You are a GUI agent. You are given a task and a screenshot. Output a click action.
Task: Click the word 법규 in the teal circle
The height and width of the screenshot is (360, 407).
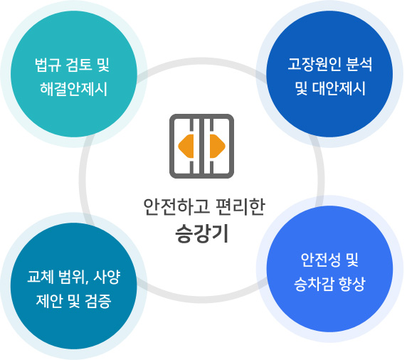click(48, 65)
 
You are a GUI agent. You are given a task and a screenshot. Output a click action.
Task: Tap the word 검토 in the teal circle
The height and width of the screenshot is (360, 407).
click(79, 65)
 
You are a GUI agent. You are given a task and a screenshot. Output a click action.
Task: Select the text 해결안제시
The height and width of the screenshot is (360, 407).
click(73, 89)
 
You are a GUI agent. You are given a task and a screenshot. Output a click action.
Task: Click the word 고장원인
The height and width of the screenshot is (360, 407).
click(314, 64)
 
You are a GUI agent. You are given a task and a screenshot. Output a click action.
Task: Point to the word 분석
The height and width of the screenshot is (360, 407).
click(359, 64)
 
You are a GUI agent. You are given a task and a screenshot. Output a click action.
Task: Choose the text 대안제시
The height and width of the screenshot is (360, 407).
click(339, 88)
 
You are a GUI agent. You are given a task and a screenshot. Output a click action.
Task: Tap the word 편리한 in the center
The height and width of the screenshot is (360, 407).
click(240, 207)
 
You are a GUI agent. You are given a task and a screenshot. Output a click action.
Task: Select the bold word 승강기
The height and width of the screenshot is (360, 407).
click(201, 233)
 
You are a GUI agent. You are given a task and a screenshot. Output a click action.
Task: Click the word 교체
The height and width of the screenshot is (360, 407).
click(41, 277)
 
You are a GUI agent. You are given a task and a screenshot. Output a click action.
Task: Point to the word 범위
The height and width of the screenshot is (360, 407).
click(72, 277)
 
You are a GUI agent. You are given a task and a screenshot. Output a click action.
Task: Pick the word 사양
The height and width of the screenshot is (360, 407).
click(107, 277)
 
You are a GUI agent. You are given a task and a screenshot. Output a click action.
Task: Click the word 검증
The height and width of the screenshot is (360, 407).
click(98, 301)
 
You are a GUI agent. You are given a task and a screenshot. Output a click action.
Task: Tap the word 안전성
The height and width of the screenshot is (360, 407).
click(320, 260)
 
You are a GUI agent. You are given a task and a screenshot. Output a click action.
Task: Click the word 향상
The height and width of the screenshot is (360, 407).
click(352, 284)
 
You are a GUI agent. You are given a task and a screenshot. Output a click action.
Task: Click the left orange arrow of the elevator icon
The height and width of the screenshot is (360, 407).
click(186, 146)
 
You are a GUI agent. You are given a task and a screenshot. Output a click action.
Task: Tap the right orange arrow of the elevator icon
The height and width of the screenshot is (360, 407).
click(218, 146)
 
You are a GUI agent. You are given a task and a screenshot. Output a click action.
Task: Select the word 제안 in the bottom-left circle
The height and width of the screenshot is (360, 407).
click(49, 301)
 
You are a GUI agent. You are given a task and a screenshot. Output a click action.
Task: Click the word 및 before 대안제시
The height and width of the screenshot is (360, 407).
click(301, 88)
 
